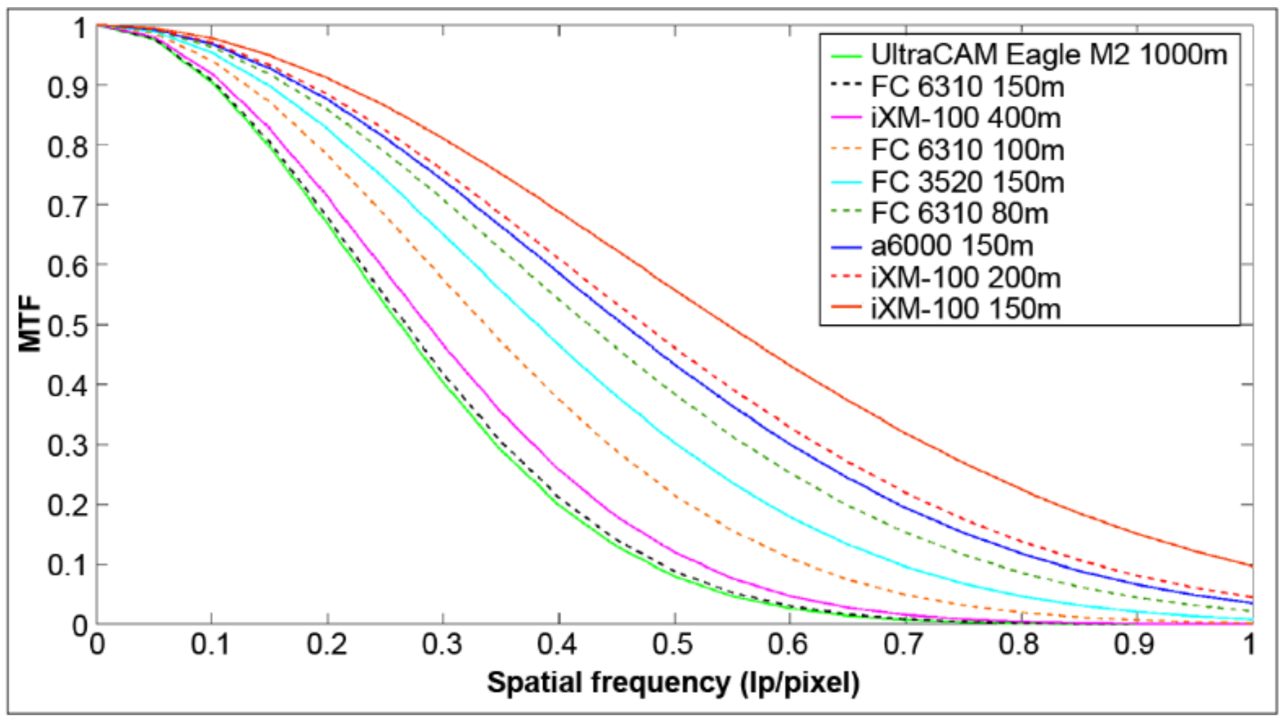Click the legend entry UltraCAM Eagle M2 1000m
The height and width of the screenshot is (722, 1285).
(x=1047, y=55)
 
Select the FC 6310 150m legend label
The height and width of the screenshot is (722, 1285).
(x=967, y=87)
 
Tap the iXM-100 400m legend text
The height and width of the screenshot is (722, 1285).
(x=965, y=119)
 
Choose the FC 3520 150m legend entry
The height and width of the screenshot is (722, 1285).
(x=967, y=183)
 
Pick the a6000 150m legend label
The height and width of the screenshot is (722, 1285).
(x=952, y=246)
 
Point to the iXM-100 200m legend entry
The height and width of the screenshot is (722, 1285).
(x=965, y=278)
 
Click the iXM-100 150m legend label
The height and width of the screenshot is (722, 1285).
(x=965, y=310)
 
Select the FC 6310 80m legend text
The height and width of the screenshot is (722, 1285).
(x=959, y=214)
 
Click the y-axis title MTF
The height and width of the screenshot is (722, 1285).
(x=30, y=324)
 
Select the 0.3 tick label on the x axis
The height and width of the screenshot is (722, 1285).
(x=443, y=644)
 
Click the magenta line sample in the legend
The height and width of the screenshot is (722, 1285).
(x=846, y=119)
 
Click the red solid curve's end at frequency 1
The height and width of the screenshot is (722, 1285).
(x=1251, y=566)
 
